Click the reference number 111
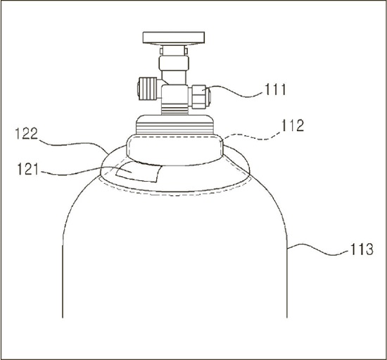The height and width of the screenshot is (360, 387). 275,89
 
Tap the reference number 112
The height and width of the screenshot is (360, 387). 293,125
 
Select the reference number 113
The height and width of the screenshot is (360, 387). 362,249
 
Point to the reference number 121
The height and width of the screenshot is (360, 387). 28,170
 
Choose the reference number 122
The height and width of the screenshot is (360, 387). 27,134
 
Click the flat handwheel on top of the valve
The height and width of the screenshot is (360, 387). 174,37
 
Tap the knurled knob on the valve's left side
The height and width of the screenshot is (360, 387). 147,89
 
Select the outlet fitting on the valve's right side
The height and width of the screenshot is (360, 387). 200,97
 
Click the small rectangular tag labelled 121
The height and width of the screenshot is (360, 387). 139,172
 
